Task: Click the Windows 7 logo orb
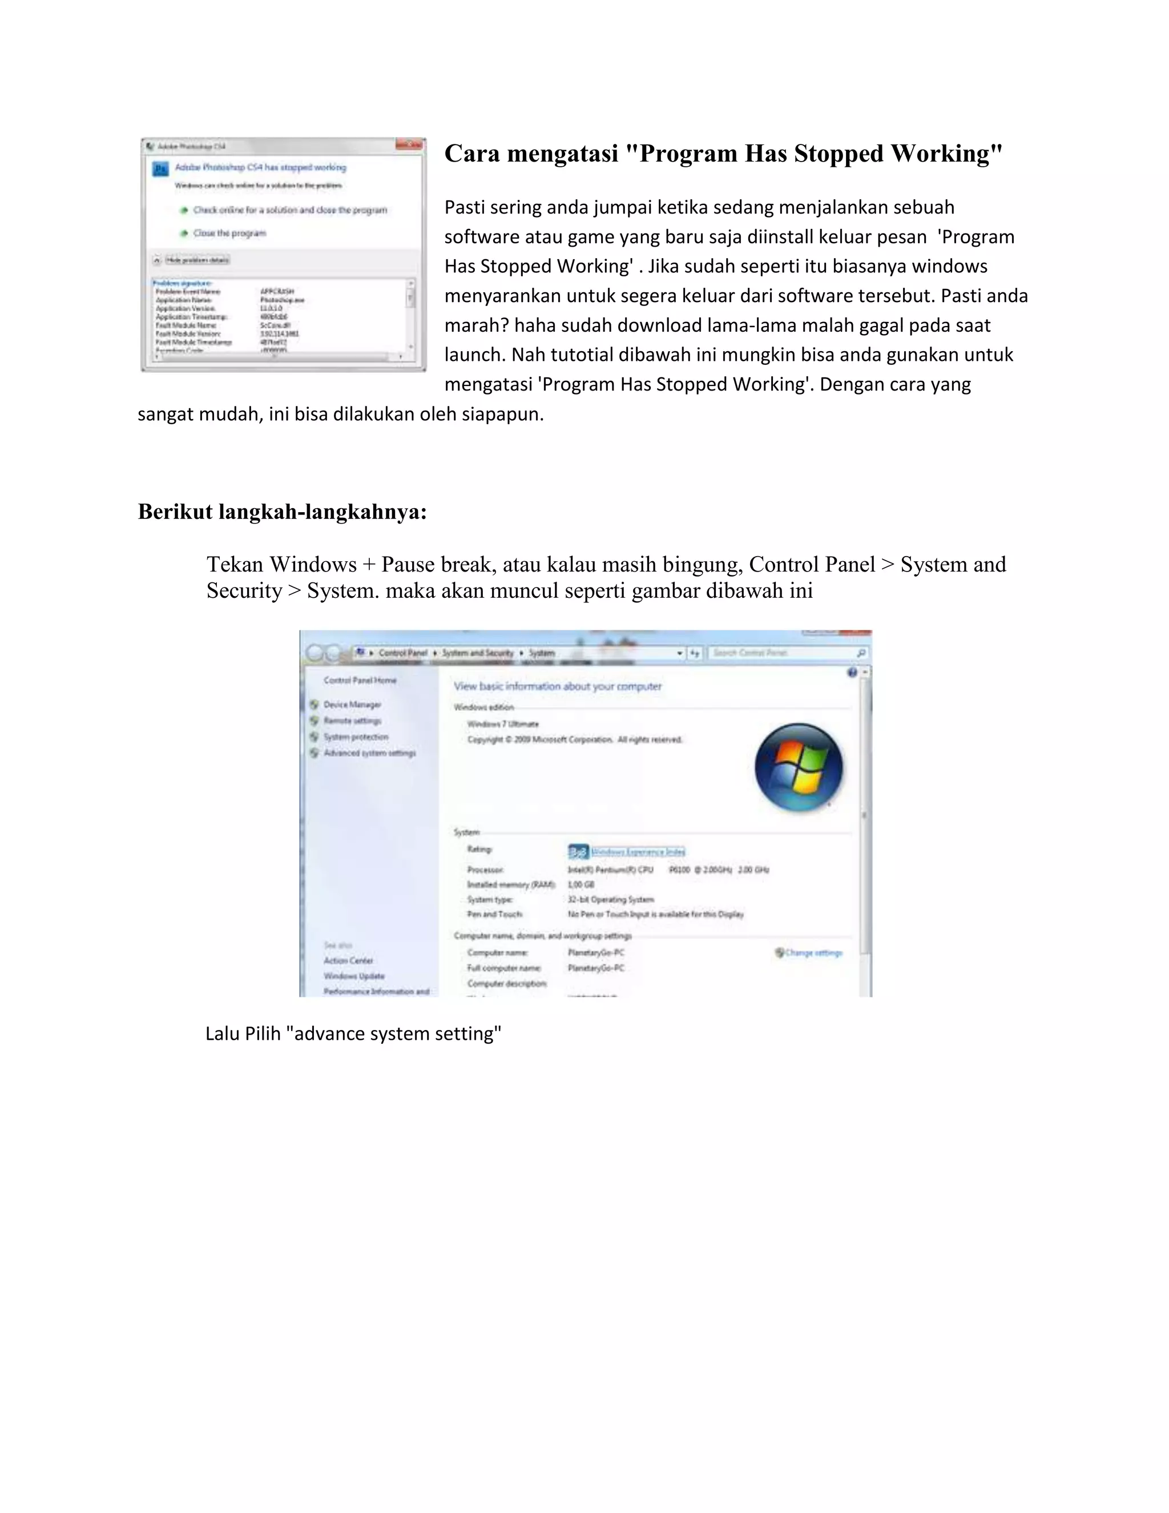(799, 767)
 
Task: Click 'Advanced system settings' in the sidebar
(369, 753)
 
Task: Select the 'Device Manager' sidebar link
(352, 705)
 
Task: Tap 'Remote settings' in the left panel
(352, 721)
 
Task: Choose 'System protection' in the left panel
(355, 737)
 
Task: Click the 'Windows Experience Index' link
(638, 851)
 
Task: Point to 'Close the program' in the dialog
(229, 234)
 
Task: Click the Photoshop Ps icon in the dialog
(160, 169)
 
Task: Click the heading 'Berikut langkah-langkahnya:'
(282, 512)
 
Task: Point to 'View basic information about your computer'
(558, 686)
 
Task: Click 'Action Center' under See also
(348, 961)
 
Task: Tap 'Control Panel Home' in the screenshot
(360, 681)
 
